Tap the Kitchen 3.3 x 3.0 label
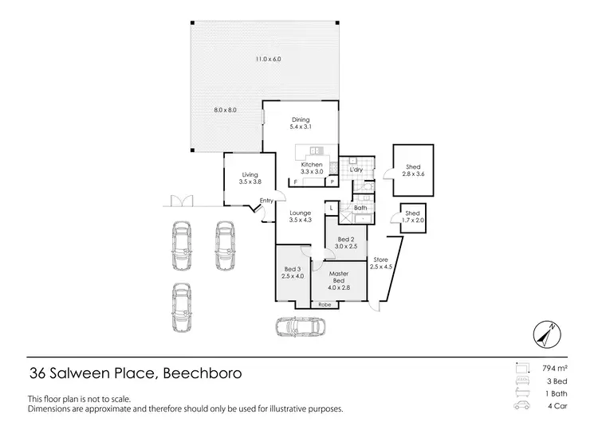[312, 168]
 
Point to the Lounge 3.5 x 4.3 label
[300, 217]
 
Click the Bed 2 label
[345, 243]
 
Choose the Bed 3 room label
[293, 272]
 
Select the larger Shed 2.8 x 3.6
[412, 170]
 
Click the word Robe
[325, 305]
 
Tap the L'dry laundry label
[356, 170]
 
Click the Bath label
[360, 208]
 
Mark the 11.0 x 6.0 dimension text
[269, 59]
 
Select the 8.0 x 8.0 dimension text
[225, 110]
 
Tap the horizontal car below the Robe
[300, 326]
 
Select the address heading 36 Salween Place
[135, 373]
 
